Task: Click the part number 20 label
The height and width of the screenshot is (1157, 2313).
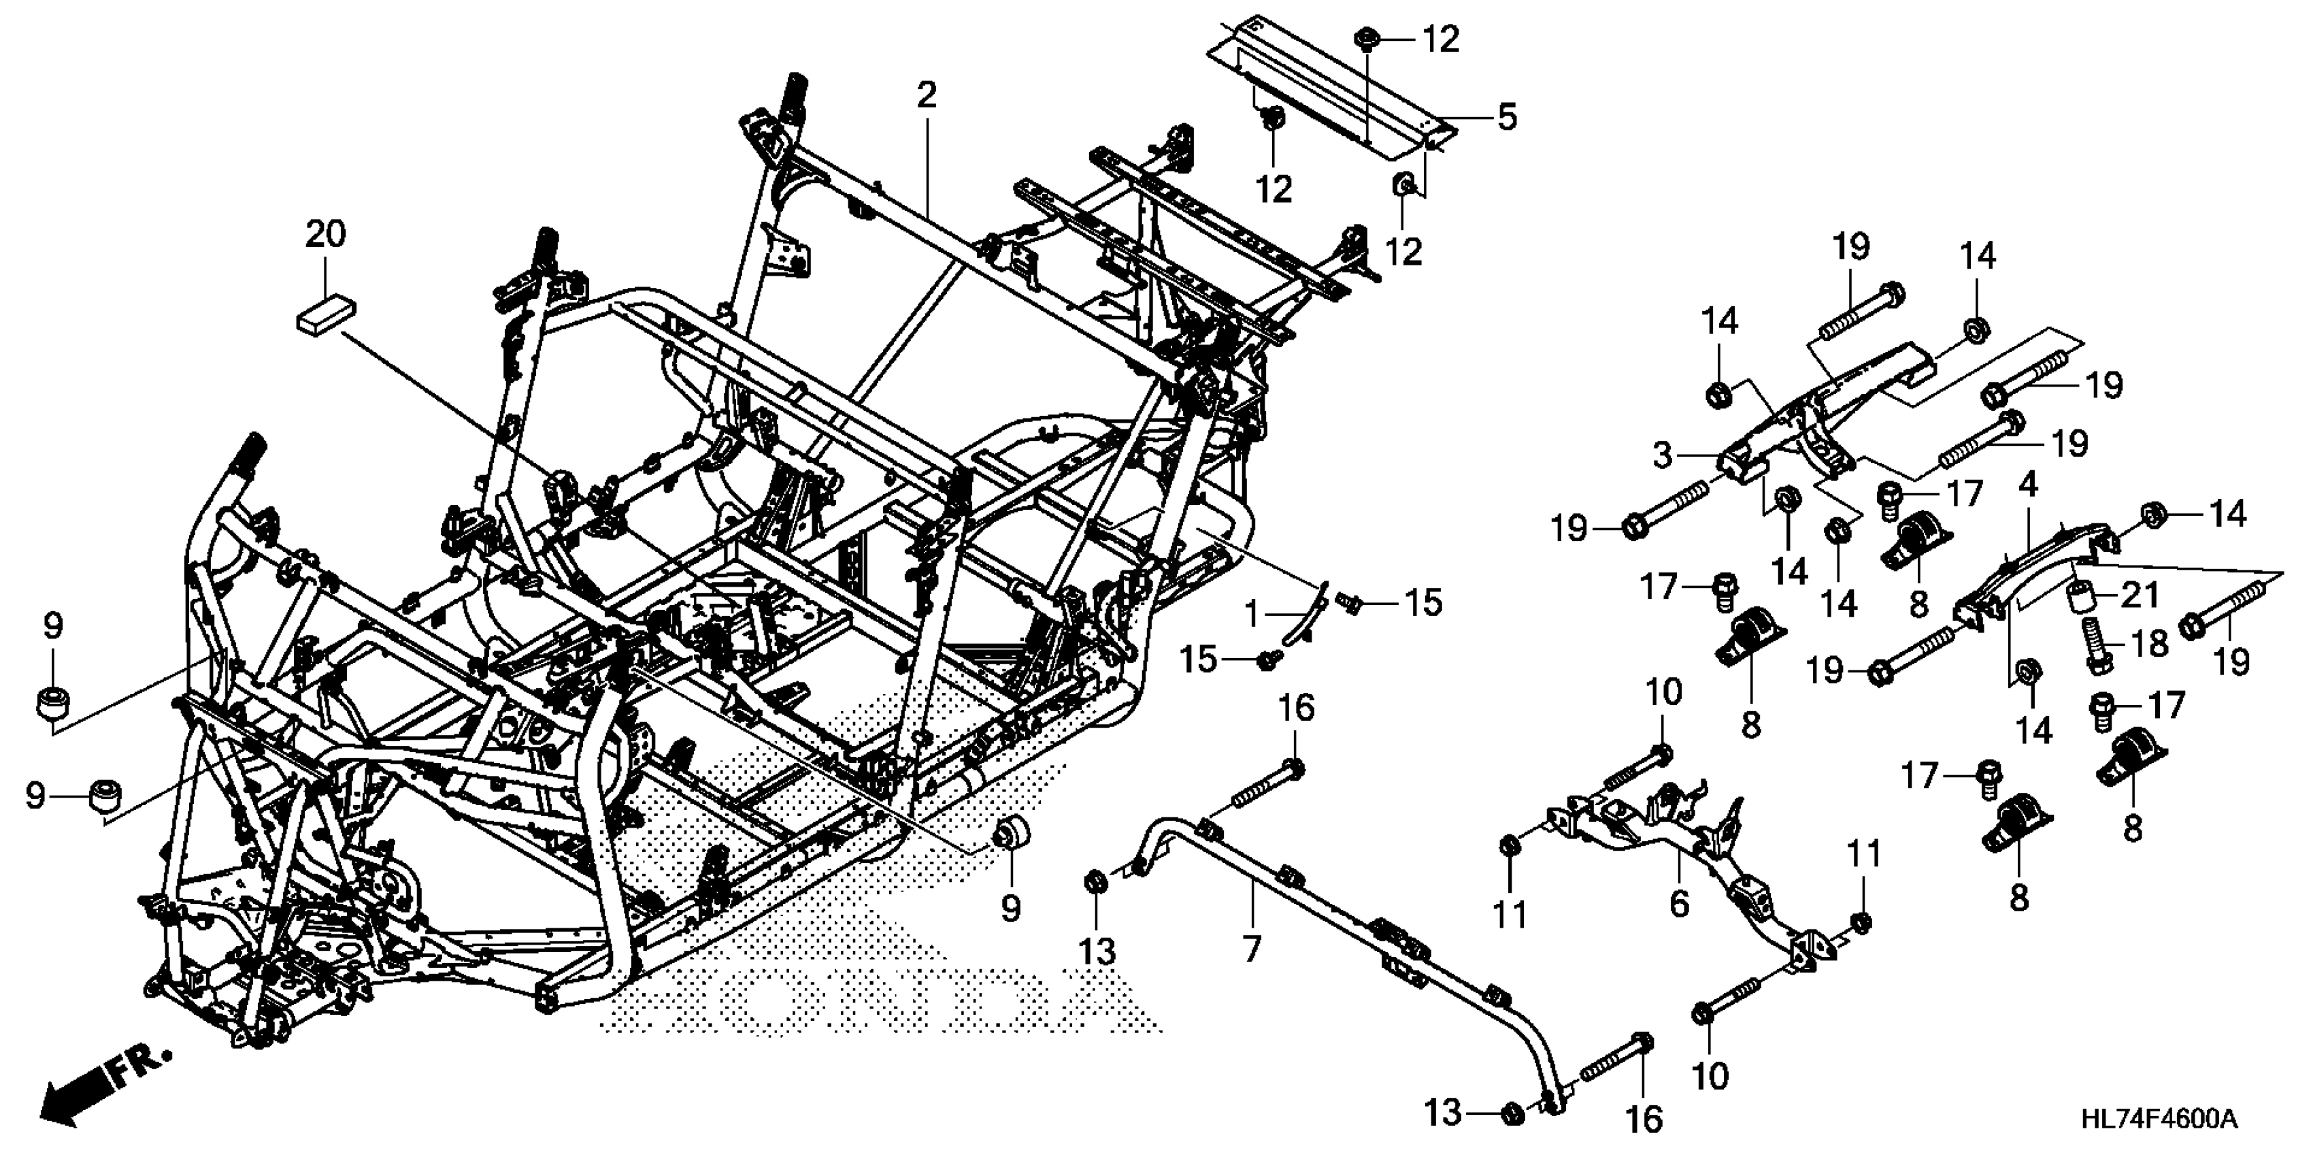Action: [x=325, y=234]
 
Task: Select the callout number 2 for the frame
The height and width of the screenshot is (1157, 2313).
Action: [x=927, y=95]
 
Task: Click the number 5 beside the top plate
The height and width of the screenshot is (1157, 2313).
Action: [x=1505, y=117]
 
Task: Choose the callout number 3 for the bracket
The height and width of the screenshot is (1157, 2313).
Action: [x=1663, y=456]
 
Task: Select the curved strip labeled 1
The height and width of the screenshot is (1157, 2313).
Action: [x=1302, y=624]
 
